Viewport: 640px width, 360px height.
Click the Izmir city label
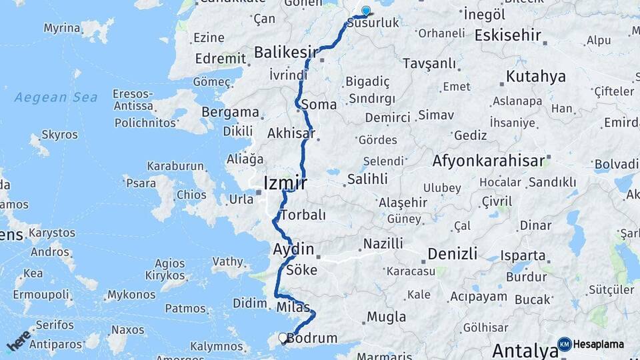tap(285, 183)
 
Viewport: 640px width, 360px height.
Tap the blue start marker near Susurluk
tap(365, 11)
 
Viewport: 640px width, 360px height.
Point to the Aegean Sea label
tap(56, 97)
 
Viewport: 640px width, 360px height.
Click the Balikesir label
tap(286, 51)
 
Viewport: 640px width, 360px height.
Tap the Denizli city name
tap(452, 253)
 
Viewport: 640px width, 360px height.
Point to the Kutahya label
tap(535, 76)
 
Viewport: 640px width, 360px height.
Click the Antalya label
tap(525, 350)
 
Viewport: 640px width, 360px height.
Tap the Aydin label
tap(293, 249)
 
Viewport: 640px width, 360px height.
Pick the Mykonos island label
tap(131, 295)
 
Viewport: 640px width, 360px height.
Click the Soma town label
tap(319, 105)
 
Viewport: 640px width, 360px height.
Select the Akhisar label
tap(291, 133)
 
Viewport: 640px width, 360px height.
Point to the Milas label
tap(293, 307)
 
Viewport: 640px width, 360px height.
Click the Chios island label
tap(191, 195)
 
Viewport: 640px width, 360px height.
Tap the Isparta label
tap(523, 255)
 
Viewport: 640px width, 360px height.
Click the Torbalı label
tap(303, 215)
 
